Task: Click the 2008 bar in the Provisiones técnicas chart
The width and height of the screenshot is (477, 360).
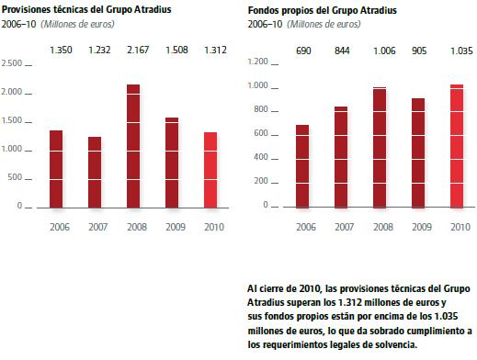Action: tap(133, 146)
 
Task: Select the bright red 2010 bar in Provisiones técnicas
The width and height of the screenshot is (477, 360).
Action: tap(210, 170)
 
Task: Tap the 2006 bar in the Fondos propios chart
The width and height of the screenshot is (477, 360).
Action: tap(302, 166)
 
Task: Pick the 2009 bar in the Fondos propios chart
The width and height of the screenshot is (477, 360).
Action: tap(418, 153)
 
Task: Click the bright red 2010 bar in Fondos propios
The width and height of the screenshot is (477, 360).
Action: tap(457, 146)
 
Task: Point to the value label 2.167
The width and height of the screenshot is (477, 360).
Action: tap(138, 50)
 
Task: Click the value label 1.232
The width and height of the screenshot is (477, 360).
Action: tap(99, 50)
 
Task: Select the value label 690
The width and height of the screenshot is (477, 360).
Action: tap(303, 51)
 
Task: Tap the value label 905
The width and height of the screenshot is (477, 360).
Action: tap(419, 51)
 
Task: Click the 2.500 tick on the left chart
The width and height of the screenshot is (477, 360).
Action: tap(12, 63)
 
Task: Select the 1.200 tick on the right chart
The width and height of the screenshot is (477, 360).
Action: tap(258, 62)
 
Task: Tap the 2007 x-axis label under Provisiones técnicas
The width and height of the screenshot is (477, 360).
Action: tap(98, 227)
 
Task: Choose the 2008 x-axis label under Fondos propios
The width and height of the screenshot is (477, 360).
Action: tap(383, 227)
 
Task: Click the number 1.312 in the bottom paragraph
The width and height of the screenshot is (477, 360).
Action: tap(350, 302)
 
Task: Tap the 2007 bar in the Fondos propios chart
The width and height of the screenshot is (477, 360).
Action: tap(341, 157)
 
